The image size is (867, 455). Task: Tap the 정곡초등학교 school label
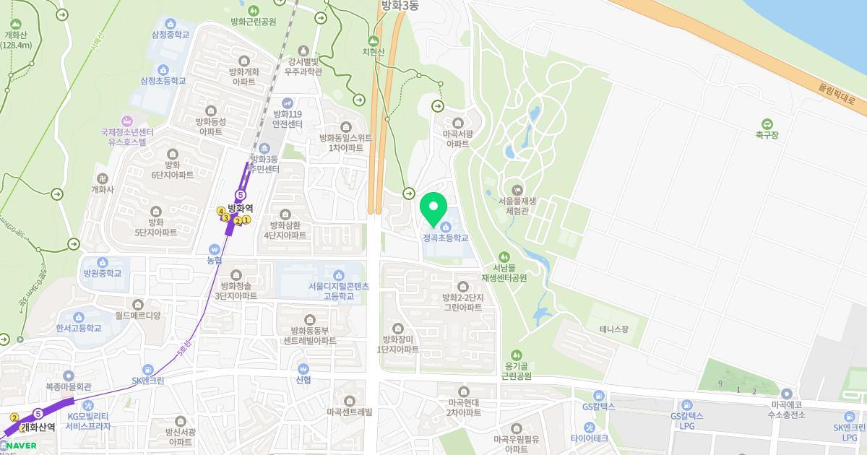click(445, 238)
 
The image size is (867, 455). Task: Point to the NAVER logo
click(21, 446)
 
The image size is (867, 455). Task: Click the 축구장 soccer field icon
click(767, 123)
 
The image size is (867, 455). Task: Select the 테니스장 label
click(614, 329)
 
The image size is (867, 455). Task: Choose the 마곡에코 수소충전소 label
click(786, 409)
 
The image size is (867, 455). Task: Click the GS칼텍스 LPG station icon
click(686, 404)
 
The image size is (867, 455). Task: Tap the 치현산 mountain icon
click(374, 40)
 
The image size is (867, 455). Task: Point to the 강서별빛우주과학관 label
click(303, 66)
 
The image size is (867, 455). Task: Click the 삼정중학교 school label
click(171, 34)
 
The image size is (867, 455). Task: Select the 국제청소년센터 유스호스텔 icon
click(127, 120)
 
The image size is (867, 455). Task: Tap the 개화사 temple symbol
click(102, 178)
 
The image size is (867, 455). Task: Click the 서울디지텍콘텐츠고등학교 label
click(338, 291)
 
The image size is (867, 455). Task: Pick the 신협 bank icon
click(303, 367)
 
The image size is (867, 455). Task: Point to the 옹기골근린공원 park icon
click(516, 355)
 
